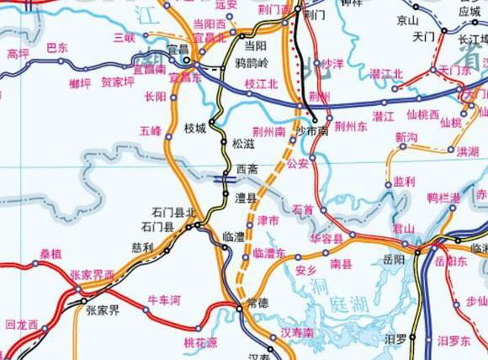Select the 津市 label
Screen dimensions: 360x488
268,220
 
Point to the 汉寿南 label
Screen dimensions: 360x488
297,334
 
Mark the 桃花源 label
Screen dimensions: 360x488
200,343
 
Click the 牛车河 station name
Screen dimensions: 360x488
164,299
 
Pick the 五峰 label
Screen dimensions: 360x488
151,130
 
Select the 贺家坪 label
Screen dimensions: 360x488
117,83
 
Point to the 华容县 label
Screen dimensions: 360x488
326,239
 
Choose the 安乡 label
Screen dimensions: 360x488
306,270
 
